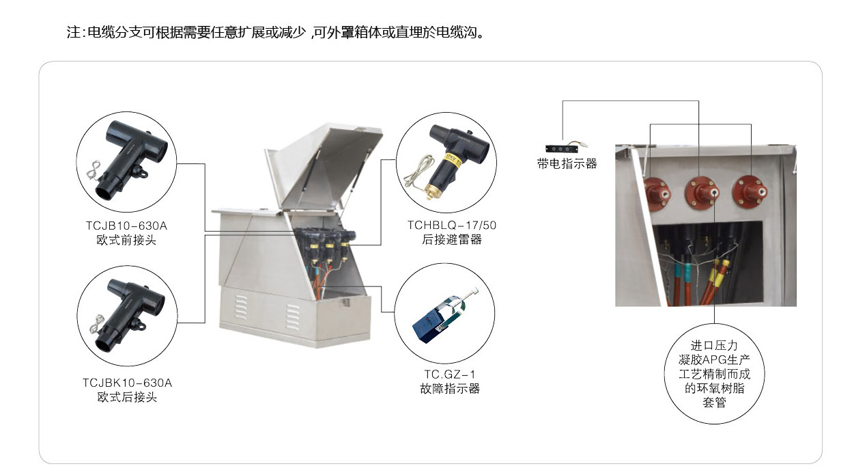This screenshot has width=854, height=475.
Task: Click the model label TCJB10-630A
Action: coord(126,226)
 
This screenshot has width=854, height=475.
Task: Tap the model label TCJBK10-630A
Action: coord(128,383)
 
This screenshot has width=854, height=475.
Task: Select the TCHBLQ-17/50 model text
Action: coord(452,226)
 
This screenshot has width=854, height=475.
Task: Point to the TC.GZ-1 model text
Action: coord(449,375)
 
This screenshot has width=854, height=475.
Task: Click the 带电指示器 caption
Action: coord(567,164)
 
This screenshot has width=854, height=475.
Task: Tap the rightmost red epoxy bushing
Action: coord(750,191)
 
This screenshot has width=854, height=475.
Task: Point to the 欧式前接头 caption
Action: coord(126,240)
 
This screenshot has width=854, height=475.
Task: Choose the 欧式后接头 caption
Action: coord(128,397)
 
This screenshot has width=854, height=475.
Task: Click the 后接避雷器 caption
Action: coord(452,239)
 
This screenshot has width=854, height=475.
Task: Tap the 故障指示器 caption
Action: coord(450,389)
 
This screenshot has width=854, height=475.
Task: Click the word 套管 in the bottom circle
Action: coord(714,403)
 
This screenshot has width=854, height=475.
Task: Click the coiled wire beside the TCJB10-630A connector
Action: coord(94,170)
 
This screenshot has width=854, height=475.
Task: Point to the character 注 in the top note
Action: coord(74,32)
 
